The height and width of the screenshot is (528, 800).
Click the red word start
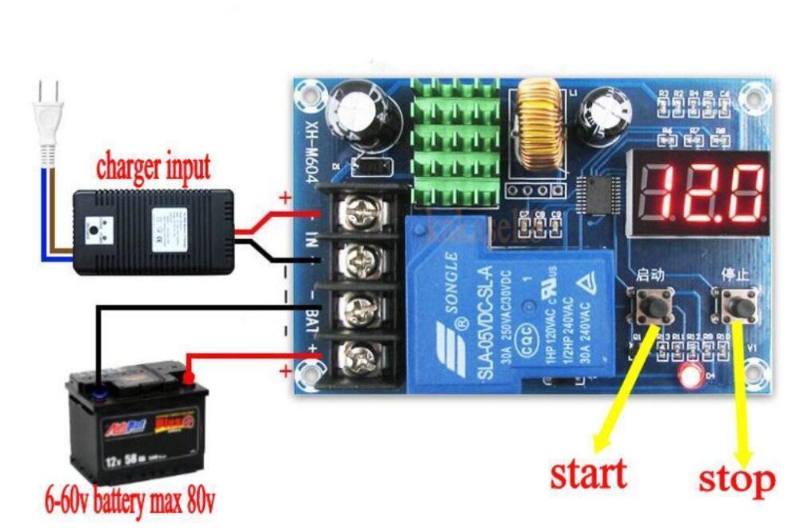(x=588, y=474)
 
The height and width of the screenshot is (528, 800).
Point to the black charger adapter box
(x=154, y=227)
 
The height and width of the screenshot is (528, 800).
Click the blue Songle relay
(x=512, y=304)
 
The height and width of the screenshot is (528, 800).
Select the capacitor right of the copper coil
(x=606, y=110)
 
